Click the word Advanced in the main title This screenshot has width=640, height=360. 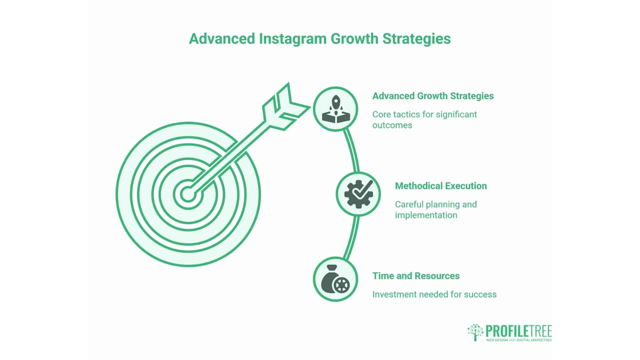click(x=222, y=39)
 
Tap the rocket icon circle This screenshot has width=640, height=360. click(x=335, y=109)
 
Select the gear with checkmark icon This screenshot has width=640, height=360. click(x=358, y=194)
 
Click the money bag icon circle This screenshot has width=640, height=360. click(x=335, y=279)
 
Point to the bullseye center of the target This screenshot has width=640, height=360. click(x=188, y=194)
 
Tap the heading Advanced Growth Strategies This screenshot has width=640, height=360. click(x=433, y=96)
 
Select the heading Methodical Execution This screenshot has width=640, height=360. click(x=441, y=186)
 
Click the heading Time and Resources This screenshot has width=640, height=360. click(x=416, y=276)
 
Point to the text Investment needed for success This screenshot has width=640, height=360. click(x=434, y=294)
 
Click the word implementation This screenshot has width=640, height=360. click(x=426, y=215)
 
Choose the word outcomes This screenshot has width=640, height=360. click(x=392, y=125)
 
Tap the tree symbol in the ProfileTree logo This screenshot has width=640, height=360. click(x=475, y=332)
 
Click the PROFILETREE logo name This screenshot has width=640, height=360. click(x=518, y=331)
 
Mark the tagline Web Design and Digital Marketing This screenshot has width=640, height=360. click(x=518, y=340)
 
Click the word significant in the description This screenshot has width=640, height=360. click(x=456, y=114)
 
